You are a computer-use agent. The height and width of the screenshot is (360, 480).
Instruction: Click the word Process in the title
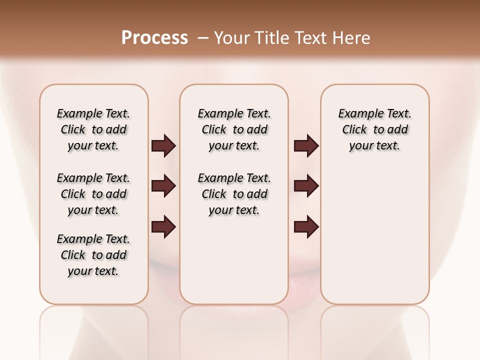coord(154,38)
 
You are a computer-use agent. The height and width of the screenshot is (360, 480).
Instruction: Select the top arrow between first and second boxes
coord(163,146)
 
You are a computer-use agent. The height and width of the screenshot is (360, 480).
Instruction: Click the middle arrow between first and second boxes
coord(163,186)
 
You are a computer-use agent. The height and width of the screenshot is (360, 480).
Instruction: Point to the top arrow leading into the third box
coord(306,146)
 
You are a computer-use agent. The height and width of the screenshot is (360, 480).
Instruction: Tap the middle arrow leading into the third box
coord(306,186)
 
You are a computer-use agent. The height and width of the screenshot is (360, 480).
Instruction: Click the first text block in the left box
coord(93,129)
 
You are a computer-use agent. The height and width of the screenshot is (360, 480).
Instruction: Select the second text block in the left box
coord(93,194)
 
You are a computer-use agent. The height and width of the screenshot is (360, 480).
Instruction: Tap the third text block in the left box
coord(93,255)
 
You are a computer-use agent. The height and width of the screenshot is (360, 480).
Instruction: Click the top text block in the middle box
coord(234,129)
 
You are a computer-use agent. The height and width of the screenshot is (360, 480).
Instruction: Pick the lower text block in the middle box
coord(234,194)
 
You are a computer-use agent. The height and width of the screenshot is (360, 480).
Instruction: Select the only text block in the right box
coord(374,129)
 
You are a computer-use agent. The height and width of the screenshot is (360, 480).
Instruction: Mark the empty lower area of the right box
coord(374,235)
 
